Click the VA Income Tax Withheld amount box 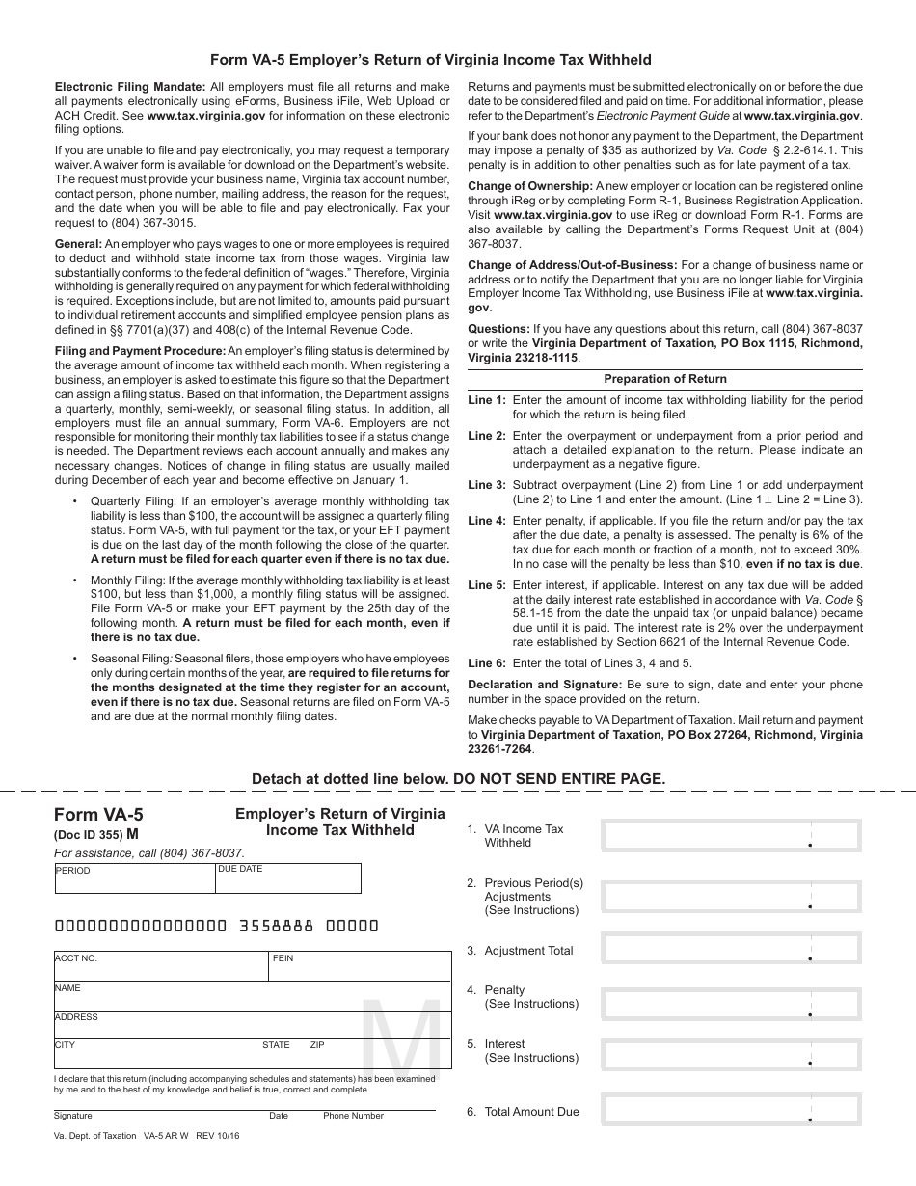pos(731,835)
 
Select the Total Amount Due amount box pos(731,1110)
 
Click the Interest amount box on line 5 pos(731,1055)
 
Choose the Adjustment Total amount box pos(731,948)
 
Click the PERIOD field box pos(135,878)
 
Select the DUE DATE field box pos(288,878)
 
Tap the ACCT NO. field pos(160,967)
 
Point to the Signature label pos(73,1116)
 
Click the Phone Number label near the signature pos(353,1116)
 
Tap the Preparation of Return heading pos(665,379)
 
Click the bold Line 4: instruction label pos(486,521)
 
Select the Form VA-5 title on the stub pos(98,815)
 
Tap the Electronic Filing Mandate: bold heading pos(130,87)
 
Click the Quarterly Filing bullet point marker pos(76,501)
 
